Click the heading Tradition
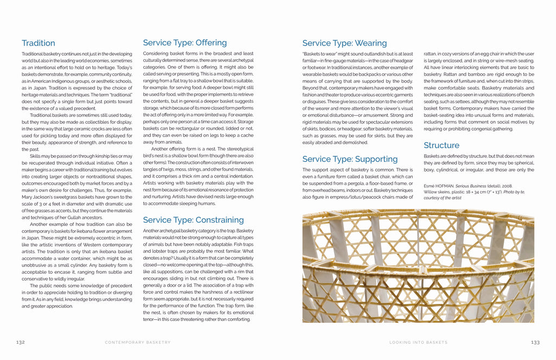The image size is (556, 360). pyautogui.click(x=38, y=43)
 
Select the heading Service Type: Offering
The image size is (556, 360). pyautogui.click(x=185, y=42)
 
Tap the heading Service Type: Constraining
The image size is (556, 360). pyautogui.click(x=193, y=220)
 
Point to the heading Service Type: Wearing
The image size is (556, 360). pyautogui.click(x=344, y=43)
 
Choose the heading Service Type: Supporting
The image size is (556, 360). pyautogui.click(x=350, y=159)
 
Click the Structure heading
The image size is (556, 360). pyautogui.click(x=441, y=145)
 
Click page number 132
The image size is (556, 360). pyautogui.click(x=21, y=342)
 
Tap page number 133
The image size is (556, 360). pyautogui.click(x=535, y=342)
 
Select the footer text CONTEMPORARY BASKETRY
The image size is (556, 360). pyautogui.click(x=137, y=343)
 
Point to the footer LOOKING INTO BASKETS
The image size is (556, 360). pyautogui.click(x=418, y=343)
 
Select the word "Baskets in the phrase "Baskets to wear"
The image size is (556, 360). pyautogui.click(x=312, y=54)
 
